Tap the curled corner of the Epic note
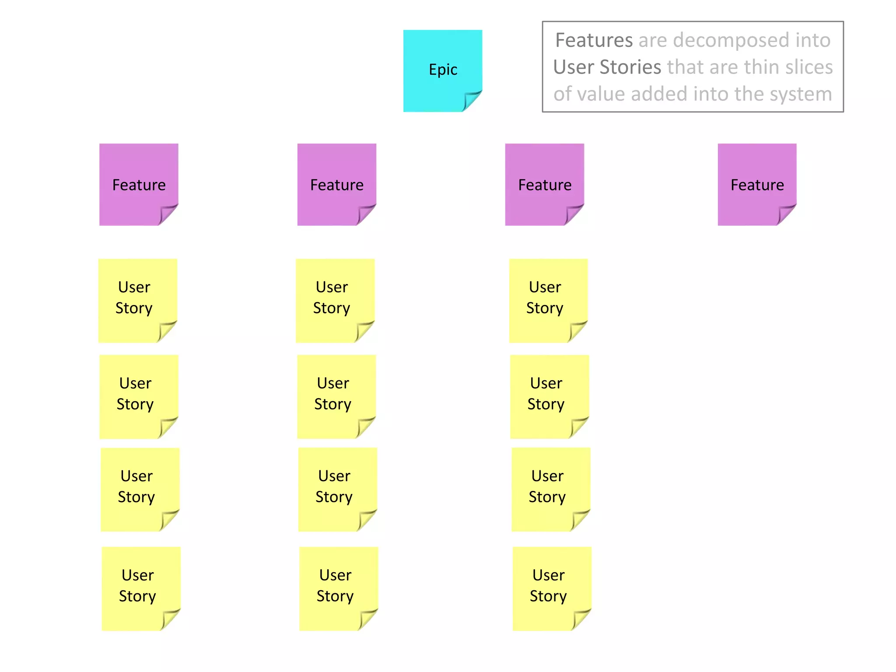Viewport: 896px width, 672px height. click(472, 101)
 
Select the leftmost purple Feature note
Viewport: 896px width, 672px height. click(139, 184)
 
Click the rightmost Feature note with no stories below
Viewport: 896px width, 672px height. click(757, 184)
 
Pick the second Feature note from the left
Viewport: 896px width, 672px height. click(336, 184)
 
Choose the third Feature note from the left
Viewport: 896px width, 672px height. click(544, 184)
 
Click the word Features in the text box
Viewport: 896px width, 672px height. click(594, 40)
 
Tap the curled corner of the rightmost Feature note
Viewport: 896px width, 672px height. click(786, 214)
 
